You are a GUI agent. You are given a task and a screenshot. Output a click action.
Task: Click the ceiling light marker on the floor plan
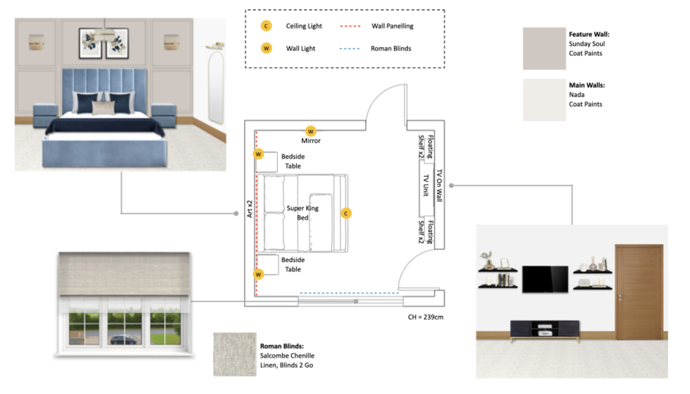pyautogui.click(x=346, y=213)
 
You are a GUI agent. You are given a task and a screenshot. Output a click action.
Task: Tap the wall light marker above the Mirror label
pyautogui.click(x=310, y=131)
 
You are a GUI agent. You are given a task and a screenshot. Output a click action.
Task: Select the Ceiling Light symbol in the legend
pyautogui.click(x=266, y=26)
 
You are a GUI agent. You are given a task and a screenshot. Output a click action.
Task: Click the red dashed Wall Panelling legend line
pyautogui.click(x=350, y=26)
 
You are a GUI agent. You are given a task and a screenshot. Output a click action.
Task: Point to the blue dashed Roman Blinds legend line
pyautogui.click(x=349, y=49)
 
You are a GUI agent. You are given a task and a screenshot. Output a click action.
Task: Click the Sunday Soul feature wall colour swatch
pyautogui.click(x=544, y=49)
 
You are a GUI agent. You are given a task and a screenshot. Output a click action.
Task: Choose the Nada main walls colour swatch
pyautogui.click(x=544, y=100)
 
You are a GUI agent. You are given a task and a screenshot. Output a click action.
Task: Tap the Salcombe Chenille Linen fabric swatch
pyautogui.click(x=235, y=354)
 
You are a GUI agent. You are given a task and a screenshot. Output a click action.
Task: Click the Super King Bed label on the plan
pyautogui.click(x=302, y=213)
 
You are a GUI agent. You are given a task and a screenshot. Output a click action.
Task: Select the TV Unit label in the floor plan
pyautogui.click(x=426, y=185)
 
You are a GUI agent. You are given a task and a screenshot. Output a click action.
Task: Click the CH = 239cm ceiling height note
pyautogui.click(x=426, y=317)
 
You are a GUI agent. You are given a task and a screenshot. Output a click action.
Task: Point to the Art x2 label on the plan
pyautogui.click(x=250, y=209)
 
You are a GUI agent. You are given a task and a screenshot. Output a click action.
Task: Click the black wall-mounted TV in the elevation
pyautogui.click(x=545, y=279)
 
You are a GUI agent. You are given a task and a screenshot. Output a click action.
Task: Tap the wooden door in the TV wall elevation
pyautogui.click(x=639, y=292)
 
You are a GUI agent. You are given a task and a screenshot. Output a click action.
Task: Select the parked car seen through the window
pyautogui.click(x=123, y=340)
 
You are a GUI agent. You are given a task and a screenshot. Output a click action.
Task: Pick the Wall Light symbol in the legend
pyautogui.click(x=266, y=48)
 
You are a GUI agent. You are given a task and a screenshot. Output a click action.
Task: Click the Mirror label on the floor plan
pyautogui.click(x=311, y=141)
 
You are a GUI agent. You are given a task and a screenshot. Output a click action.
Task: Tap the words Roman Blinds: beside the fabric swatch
pyautogui.click(x=282, y=346)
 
